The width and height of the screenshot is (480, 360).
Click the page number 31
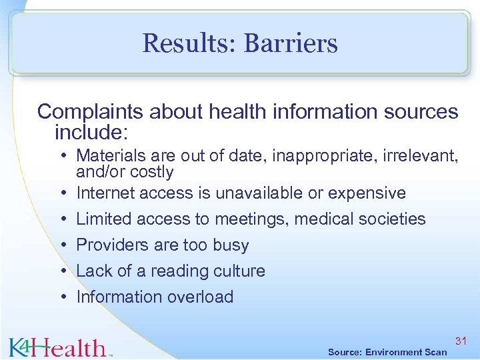(461, 341)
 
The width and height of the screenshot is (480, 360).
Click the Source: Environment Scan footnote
(387, 352)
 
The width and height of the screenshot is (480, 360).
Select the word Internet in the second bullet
(105, 193)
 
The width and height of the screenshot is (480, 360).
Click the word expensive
(365, 193)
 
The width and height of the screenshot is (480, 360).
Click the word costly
(152, 172)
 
